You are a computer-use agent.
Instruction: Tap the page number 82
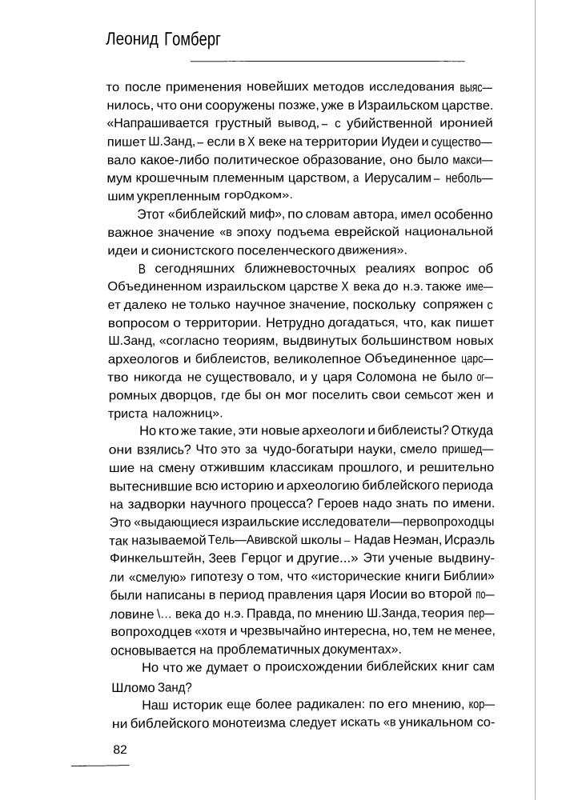coord(121,750)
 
